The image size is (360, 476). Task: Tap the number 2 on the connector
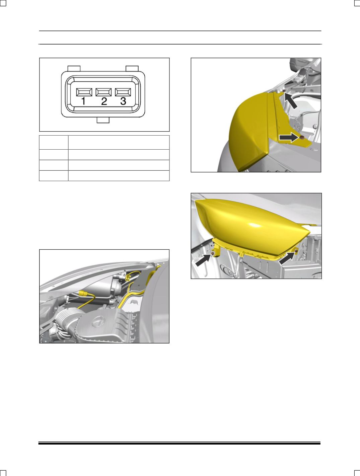104,101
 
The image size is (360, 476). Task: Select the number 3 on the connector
123,101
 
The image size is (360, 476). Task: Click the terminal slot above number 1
84,92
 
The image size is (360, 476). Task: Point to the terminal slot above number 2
103,92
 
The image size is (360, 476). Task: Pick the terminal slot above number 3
123,92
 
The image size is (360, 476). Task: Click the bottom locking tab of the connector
104,120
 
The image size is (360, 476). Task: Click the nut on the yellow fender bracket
302,137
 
